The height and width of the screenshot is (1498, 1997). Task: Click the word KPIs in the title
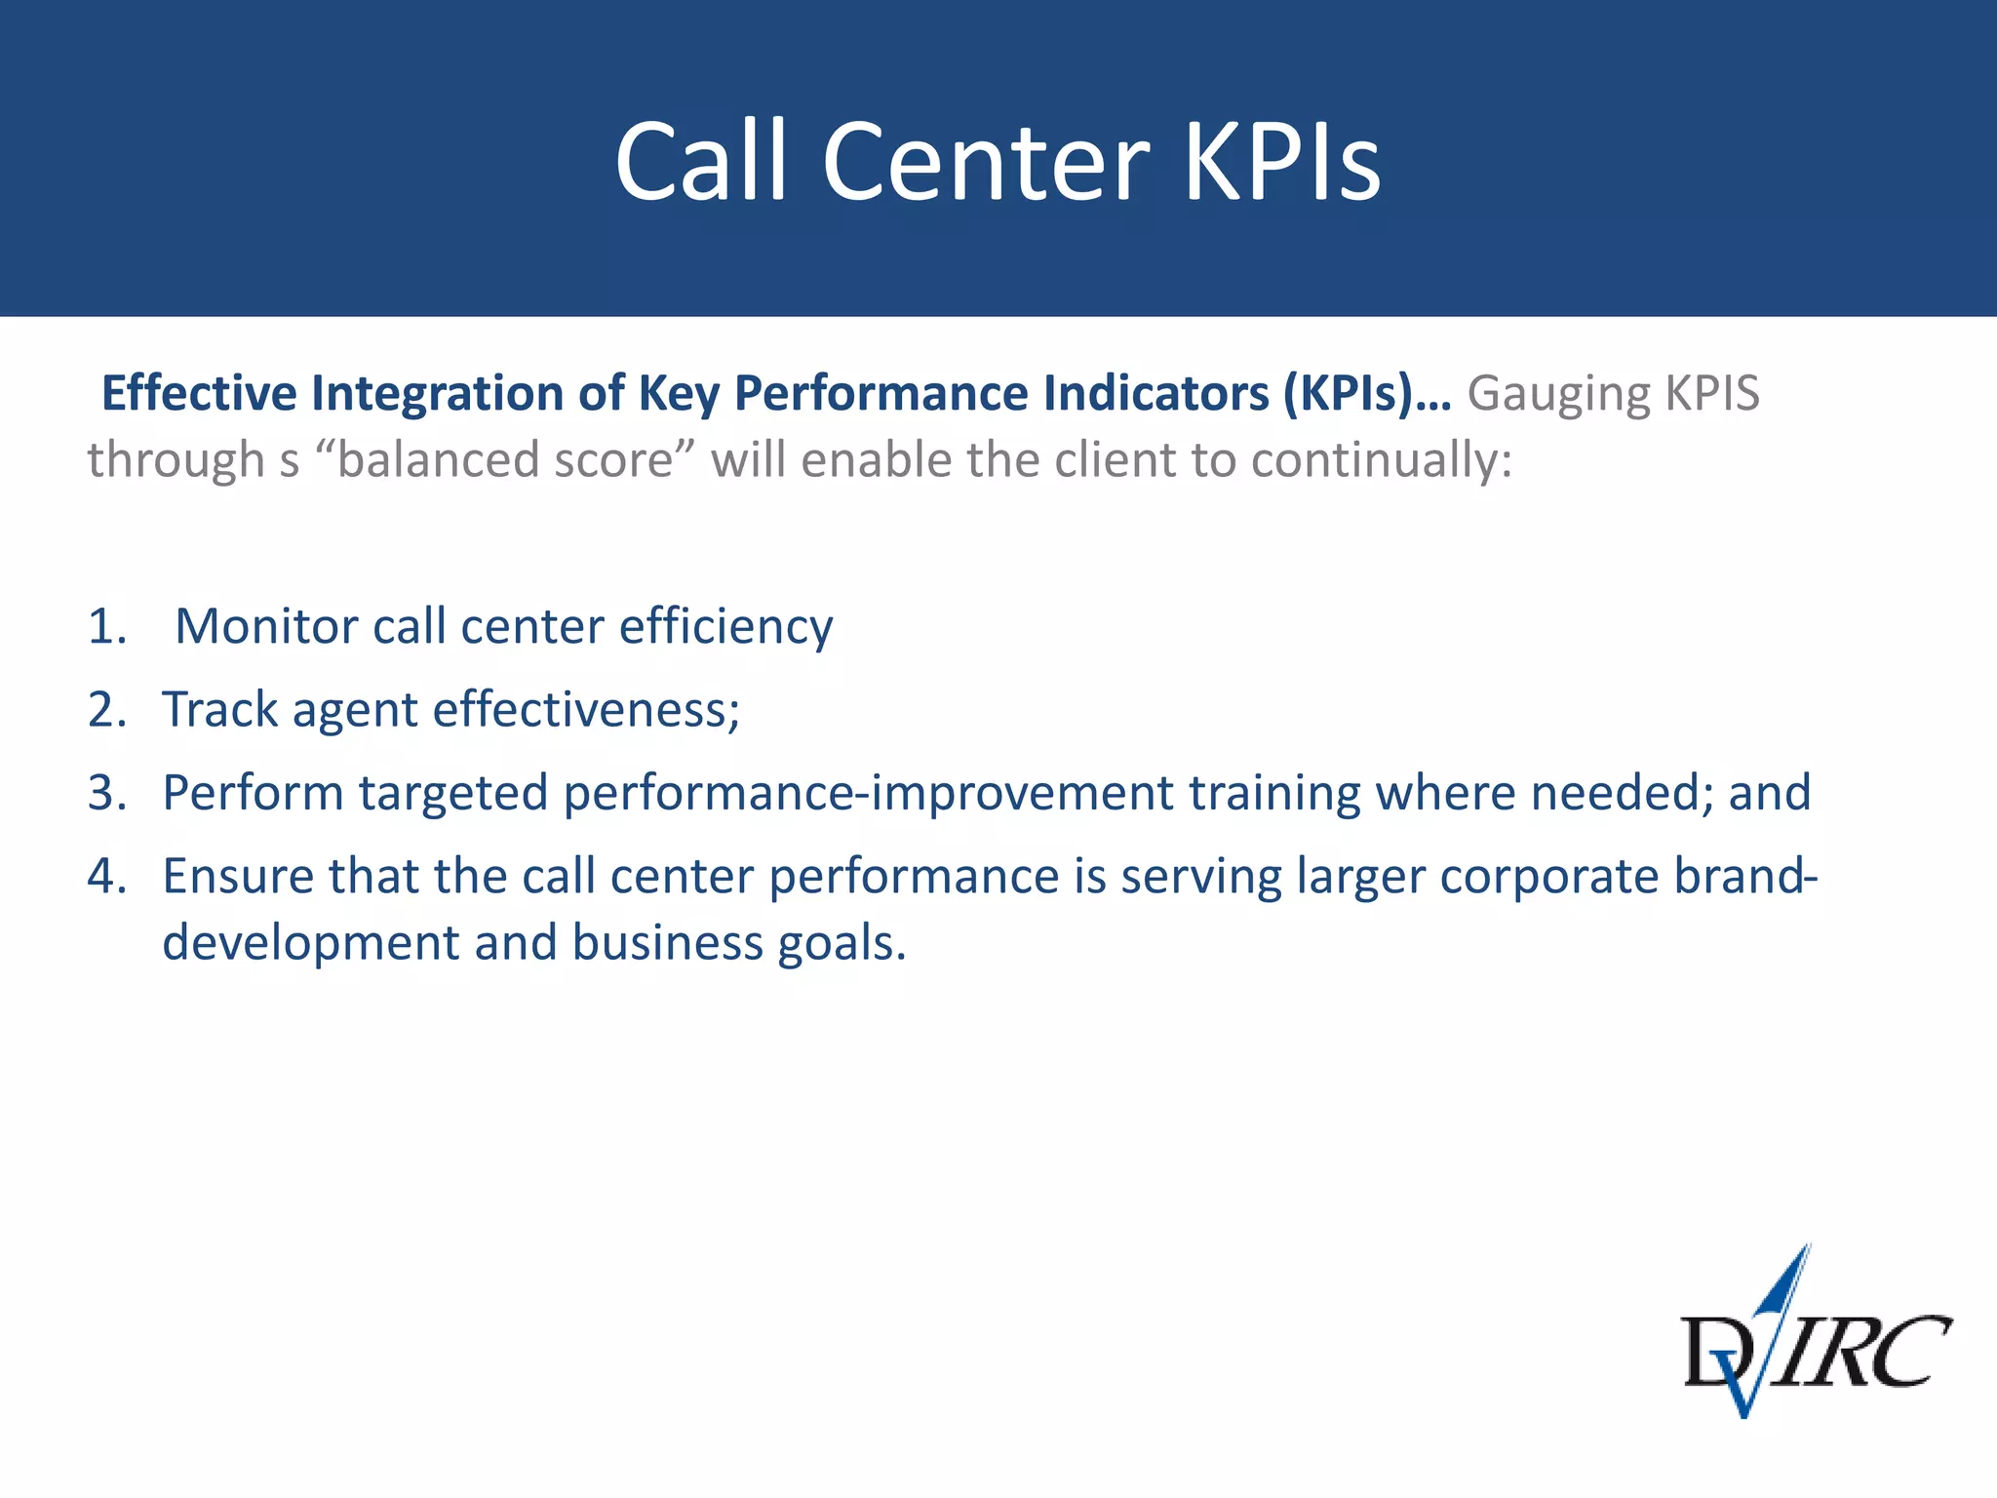[x=1283, y=162]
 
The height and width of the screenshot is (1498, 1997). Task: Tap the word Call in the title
[x=700, y=162]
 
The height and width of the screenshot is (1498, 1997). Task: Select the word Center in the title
[x=986, y=162]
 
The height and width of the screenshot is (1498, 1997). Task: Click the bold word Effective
[x=199, y=393]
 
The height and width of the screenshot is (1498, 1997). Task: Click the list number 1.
[x=105, y=626]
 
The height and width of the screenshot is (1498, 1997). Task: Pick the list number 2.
[x=105, y=710]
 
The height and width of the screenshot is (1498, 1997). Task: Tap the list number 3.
[x=105, y=793]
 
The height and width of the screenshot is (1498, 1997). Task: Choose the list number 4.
[x=105, y=876]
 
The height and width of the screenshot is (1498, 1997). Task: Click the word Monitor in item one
[x=265, y=626]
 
